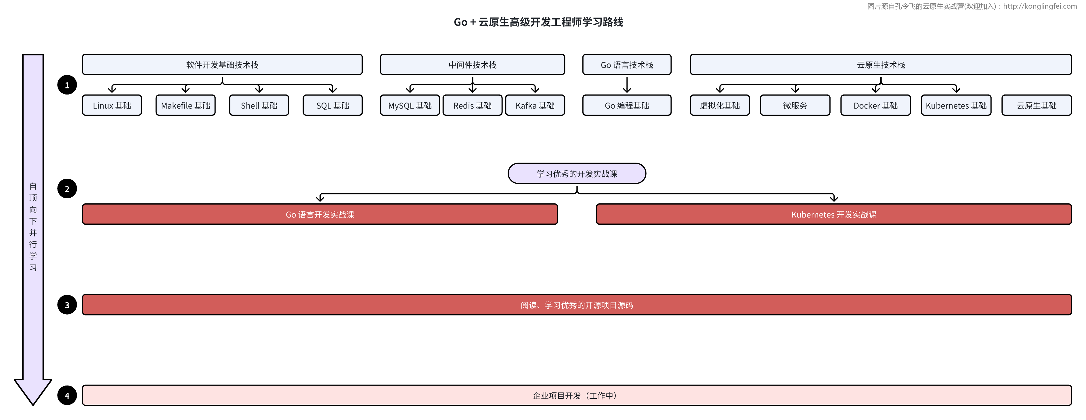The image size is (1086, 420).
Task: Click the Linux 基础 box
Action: [x=112, y=105]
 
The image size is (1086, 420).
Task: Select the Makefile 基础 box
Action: [x=186, y=105]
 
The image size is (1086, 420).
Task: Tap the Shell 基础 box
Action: [x=259, y=105]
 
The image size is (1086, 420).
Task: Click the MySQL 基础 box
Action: [x=410, y=105]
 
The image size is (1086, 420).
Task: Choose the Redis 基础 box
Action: [x=472, y=105]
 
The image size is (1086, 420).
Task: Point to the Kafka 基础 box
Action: [x=535, y=105]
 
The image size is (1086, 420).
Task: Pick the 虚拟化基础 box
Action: [x=720, y=105]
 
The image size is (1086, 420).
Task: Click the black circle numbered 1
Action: [x=67, y=85]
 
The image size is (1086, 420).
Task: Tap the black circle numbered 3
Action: [x=67, y=305]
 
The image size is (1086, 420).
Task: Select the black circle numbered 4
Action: [x=67, y=396]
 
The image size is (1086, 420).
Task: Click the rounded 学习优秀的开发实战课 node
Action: [x=576, y=174]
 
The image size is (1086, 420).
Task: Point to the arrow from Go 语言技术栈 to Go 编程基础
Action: [x=627, y=84]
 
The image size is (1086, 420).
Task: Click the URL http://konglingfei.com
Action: [x=1040, y=6]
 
